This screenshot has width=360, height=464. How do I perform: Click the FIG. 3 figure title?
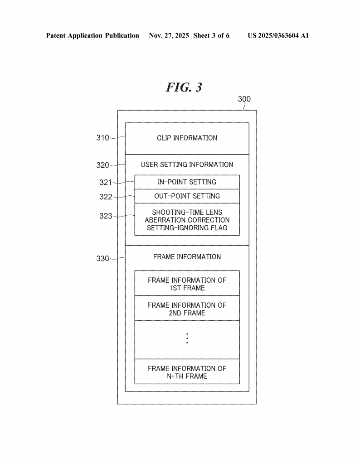coord(184,87)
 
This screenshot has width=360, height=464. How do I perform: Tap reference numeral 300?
coord(244,99)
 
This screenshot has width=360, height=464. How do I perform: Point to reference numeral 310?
coord(102,138)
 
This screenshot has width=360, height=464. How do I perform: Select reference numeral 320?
coord(102,165)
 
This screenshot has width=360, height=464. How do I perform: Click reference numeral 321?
coord(106,182)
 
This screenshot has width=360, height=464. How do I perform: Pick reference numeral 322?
coord(106,197)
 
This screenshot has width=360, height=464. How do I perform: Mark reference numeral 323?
coord(106,216)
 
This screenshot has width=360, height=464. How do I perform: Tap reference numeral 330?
coord(102,259)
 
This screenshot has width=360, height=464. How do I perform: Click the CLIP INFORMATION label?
coord(187,138)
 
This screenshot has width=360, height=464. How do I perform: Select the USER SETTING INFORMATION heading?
coord(187,164)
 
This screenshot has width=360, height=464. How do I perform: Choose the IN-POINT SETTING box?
coord(187,182)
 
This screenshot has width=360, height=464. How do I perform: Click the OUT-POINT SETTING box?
coord(187,196)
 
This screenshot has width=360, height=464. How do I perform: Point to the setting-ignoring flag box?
coord(187,220)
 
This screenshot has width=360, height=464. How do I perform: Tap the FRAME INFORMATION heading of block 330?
coord(187,256)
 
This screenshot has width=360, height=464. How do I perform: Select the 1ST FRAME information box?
coord(187,284)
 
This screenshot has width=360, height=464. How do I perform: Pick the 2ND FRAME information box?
coord(187,309)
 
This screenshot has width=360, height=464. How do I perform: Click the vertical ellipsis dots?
coord(187,338)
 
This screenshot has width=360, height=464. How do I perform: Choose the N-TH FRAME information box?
coord(187,372)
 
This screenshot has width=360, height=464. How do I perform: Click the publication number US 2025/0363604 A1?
coord(278,35)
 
